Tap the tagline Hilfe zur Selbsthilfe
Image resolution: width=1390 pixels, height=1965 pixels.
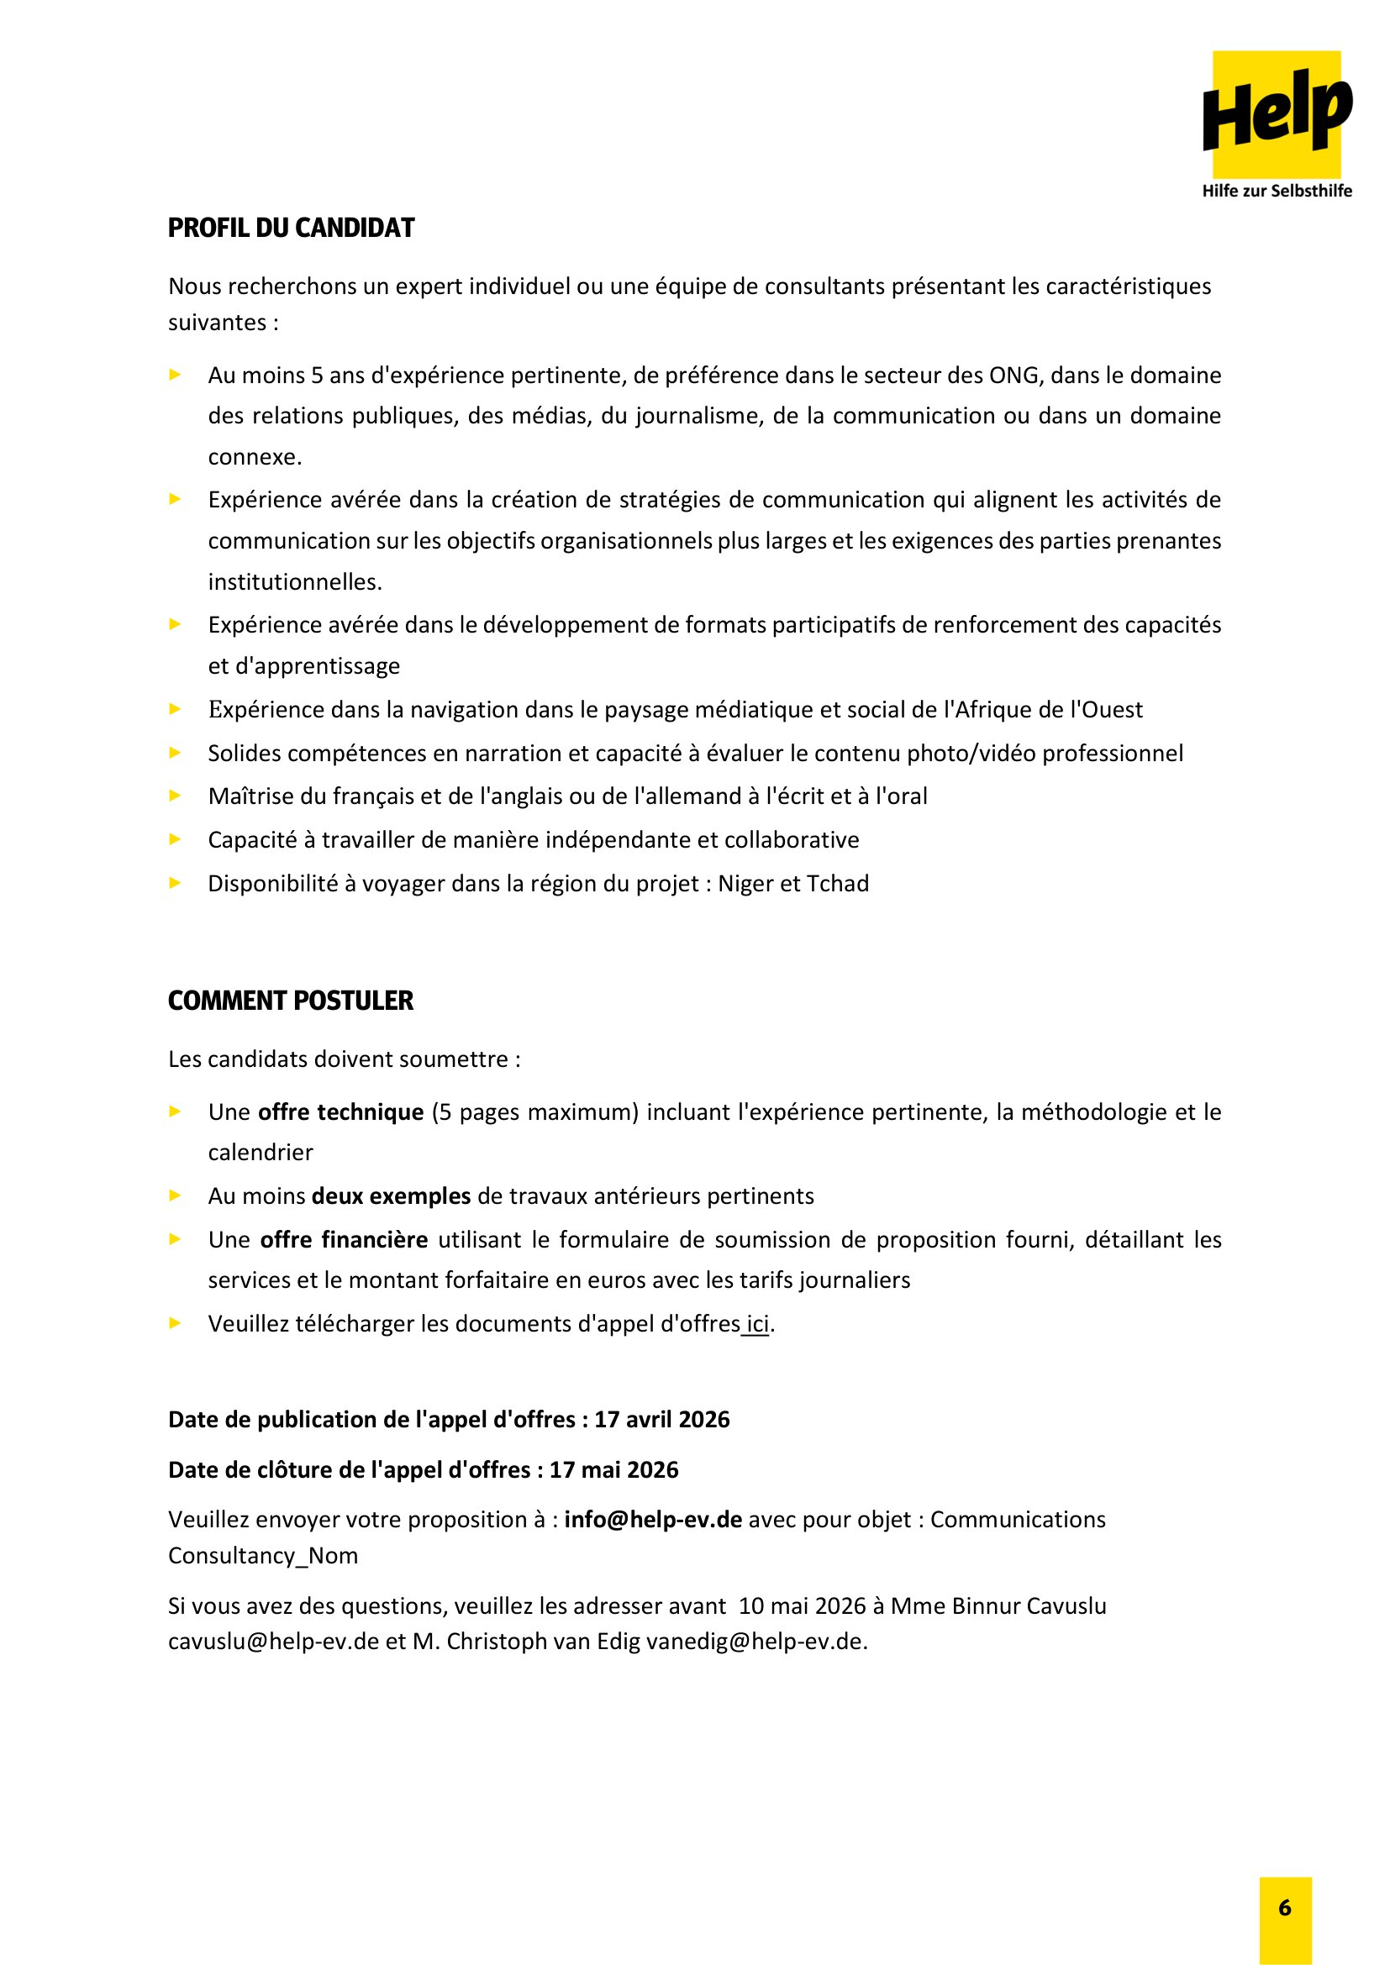click(1277, 191)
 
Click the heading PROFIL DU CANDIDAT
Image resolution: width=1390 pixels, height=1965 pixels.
click(291, 229)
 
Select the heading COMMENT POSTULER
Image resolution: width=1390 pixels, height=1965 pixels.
click(290, 1001)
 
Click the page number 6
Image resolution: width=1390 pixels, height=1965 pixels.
click(1285, 1907)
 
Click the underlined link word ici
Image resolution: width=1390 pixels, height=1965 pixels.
click(757, 1324)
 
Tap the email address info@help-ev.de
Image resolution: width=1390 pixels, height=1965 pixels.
click(653, 1519)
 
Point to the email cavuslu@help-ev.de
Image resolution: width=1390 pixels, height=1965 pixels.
click(273, 1642)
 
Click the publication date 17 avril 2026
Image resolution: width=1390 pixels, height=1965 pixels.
click(661, 1420)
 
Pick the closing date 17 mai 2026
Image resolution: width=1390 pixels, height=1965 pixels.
click(613, 1469)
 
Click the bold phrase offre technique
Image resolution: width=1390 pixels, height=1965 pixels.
click(340, 1111)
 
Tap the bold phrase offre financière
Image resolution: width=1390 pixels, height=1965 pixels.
click(344, 1239)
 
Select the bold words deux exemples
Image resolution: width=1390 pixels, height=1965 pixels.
click(391, 1195)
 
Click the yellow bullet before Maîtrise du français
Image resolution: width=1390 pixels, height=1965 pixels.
click(176, 796)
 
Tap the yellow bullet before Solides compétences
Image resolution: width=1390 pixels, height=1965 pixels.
click(176, 753)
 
